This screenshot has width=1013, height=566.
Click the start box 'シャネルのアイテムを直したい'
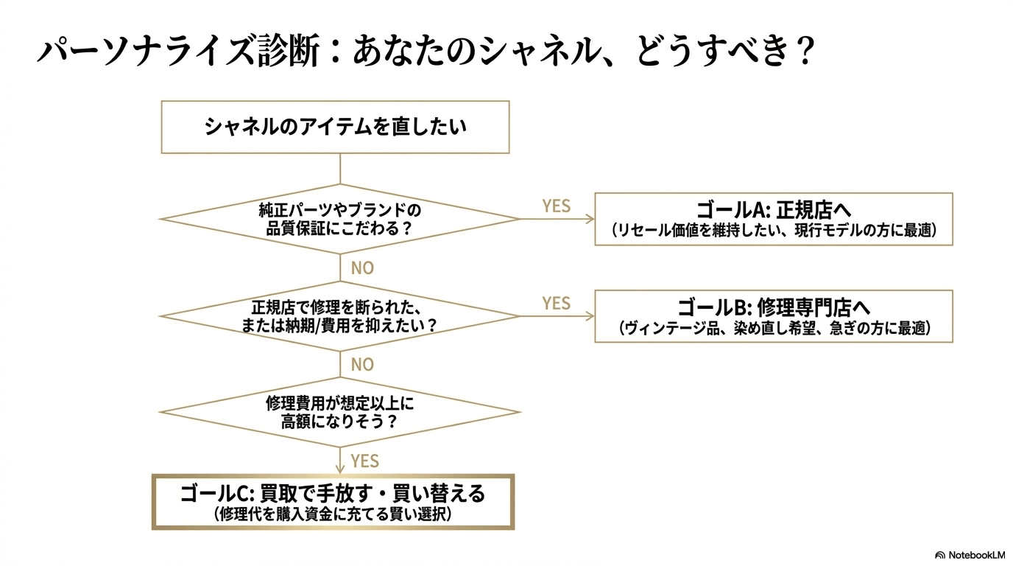tap(335, 127)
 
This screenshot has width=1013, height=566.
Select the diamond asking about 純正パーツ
tap(339, 219)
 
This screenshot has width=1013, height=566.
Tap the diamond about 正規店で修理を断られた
tap(339, 315)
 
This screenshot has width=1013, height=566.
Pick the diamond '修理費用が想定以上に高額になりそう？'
tap(339, 413)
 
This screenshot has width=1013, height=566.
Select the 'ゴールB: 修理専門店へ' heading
tap(774, 307)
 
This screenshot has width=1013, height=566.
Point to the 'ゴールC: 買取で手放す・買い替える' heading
tap(333, 492)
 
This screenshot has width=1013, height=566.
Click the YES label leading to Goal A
tap(556, 206)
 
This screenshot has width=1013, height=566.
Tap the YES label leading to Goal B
tap(556, 303)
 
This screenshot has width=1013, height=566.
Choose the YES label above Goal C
tap(364, 461)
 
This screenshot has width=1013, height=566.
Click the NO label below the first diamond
tap(362, 268)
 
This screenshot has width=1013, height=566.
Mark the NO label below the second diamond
tap(362, 365)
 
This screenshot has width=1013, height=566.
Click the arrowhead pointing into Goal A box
tap(590, 219)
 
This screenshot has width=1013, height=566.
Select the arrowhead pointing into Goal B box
tap(590, 316)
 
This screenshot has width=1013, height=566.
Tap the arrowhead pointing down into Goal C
tap(340, 469)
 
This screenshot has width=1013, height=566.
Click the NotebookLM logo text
tap(976, 554)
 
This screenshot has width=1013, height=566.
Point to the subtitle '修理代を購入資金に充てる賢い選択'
tap(333, 514)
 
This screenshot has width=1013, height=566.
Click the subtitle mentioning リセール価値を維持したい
tap(774, 231)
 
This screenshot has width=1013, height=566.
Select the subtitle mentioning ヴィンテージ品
tap(774, 329)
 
